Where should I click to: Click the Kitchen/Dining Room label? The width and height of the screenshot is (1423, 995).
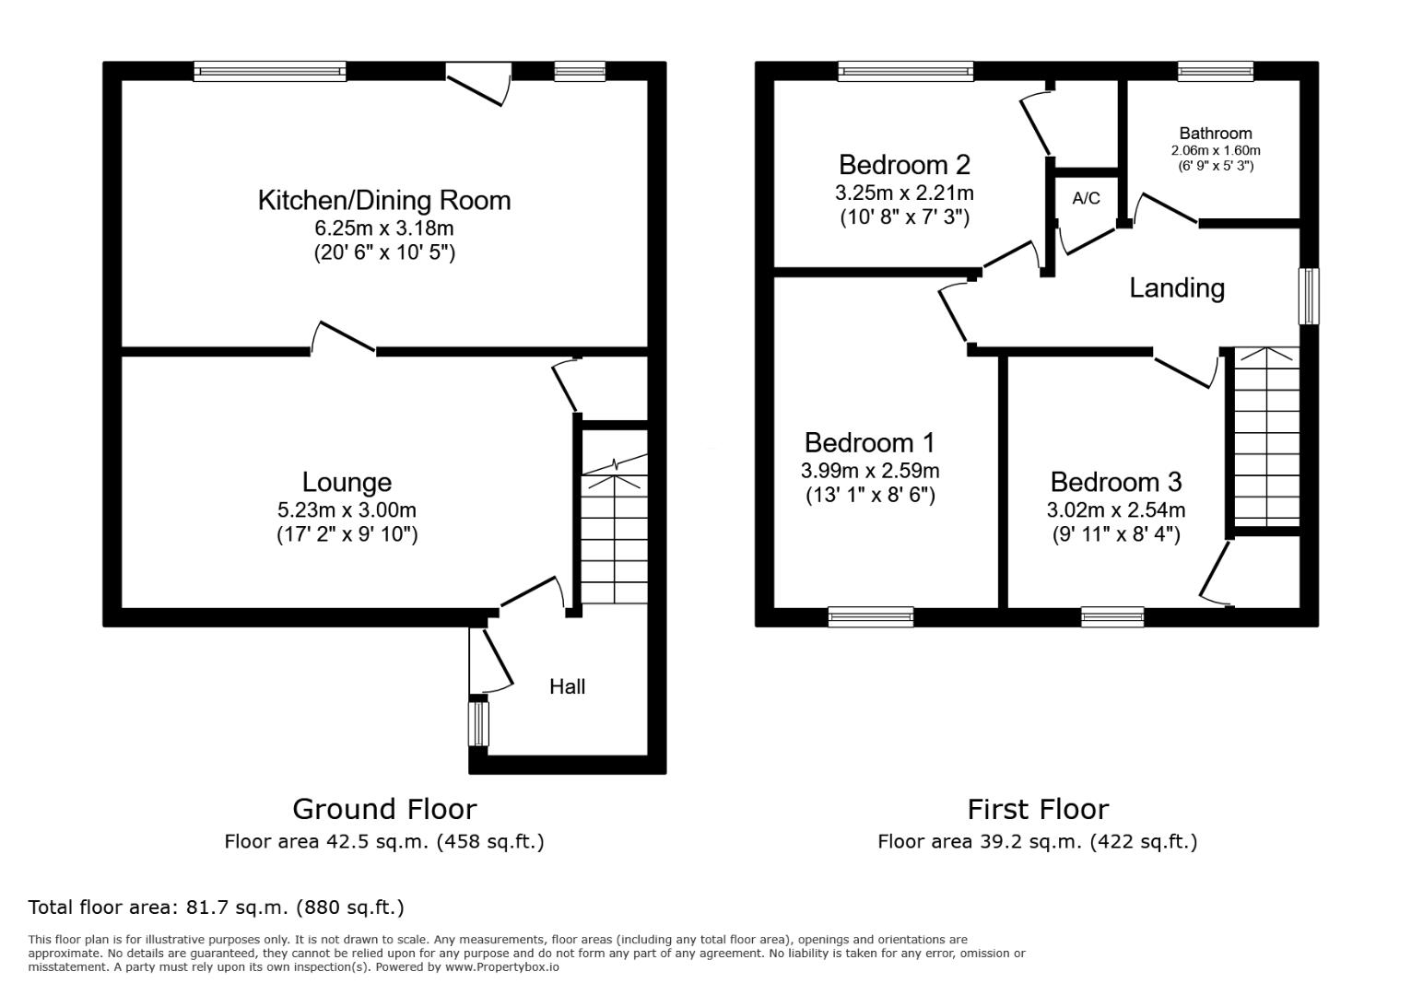[x=384, y=201]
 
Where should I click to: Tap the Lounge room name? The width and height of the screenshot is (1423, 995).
[x=347, y=482]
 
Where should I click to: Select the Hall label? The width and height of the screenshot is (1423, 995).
[x=568, y=686]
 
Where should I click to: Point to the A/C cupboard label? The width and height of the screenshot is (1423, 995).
[x=1086, y=198]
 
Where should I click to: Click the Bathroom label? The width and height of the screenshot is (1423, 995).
[x=1216, y=134]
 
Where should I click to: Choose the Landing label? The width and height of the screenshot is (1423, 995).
[x=1177, y=288]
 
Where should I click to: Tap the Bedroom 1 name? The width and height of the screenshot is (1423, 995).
[x=870, y=442]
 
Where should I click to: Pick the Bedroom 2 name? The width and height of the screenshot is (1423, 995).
[x=904, y=165]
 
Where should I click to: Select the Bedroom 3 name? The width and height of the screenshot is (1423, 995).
[x=1115, y=482]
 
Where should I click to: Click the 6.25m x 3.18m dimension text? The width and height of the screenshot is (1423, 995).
[x=384, y=228]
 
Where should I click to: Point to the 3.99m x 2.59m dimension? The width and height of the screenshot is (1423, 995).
[x=870, y=471]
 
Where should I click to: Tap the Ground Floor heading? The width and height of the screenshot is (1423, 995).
[x=384, y=810]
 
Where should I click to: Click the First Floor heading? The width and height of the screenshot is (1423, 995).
[x=1038, y=810]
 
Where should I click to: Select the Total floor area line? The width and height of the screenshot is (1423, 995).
[x=216, y=907]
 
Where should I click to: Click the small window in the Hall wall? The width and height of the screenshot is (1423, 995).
[x=478, y=724]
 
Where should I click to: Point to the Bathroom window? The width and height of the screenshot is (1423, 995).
[x=1216, y=71]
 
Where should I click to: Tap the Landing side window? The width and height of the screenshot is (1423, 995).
[x=1308, y=297]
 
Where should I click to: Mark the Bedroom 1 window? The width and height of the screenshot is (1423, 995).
[x=870, y=616]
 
